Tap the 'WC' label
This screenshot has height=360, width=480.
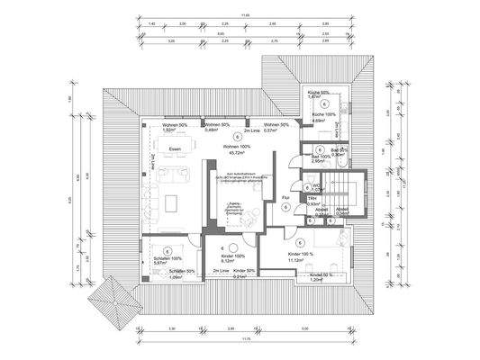click(317, 185)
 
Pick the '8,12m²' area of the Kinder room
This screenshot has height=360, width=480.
click(221, 262)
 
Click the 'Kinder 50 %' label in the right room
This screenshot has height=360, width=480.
click(322, 274)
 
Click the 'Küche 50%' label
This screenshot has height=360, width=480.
click(322, 93)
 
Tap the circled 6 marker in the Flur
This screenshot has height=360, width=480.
click(285, 206)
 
